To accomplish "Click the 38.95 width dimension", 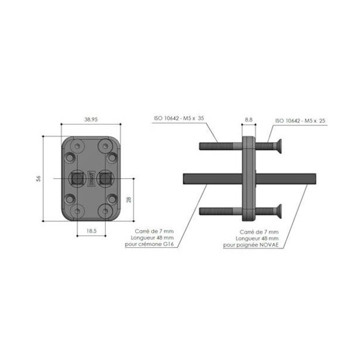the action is [91, 119].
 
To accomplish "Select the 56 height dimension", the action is [38, 179].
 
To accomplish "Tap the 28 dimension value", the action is [129, 199].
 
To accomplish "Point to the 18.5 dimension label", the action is [91, 231].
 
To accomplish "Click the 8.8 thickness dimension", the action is [248, 119].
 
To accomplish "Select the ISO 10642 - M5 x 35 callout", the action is [179, 118].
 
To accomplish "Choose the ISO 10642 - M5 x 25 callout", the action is [301, 121].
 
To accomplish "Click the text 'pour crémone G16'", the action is [149, 244].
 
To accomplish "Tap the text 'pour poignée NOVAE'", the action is [251, 245].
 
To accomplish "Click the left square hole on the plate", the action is [77, 179].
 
